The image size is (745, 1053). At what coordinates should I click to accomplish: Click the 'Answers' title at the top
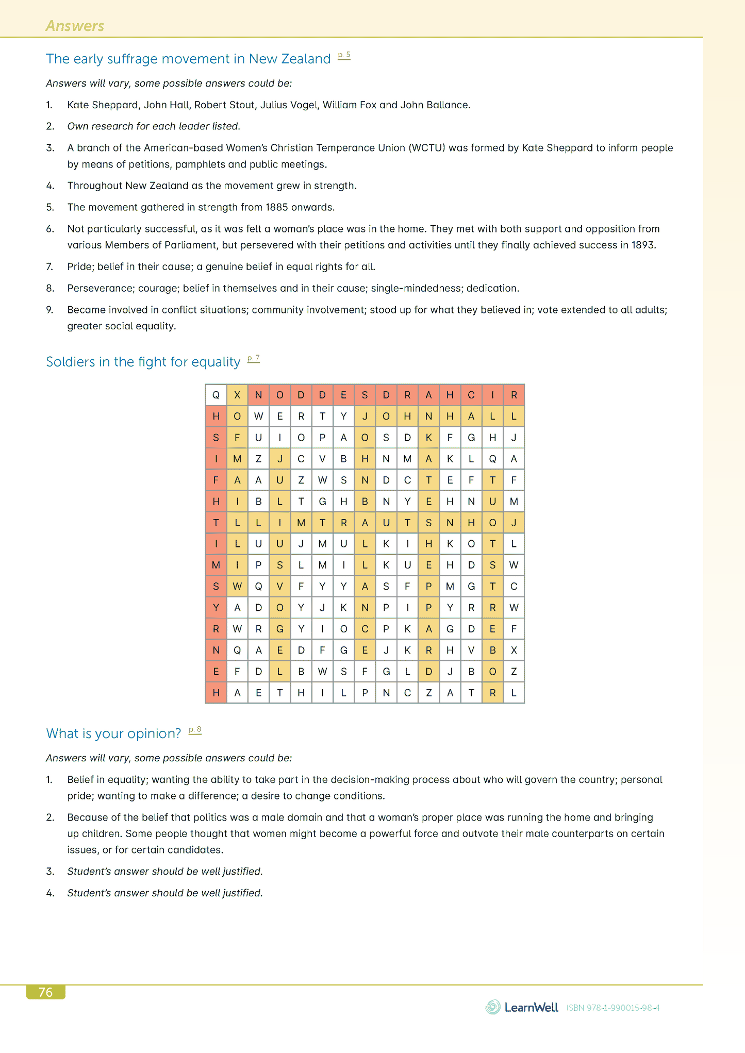[75, 26]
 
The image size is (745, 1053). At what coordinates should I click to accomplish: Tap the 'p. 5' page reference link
[344, 55]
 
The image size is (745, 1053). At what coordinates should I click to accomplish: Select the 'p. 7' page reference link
[253, 358]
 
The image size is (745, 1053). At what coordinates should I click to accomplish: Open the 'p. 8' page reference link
[195, 730]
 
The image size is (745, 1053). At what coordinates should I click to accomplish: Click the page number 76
[45, 992]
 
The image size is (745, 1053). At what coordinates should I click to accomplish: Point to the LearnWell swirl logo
[493, 1007]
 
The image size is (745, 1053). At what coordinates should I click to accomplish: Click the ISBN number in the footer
[613, 1008]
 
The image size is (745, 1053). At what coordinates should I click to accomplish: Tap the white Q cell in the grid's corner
[216, 395]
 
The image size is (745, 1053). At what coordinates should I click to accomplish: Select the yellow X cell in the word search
[237, 395]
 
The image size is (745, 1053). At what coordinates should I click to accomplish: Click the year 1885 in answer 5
[277, 207]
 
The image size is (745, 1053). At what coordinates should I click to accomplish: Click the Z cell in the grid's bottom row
[428, 693]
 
